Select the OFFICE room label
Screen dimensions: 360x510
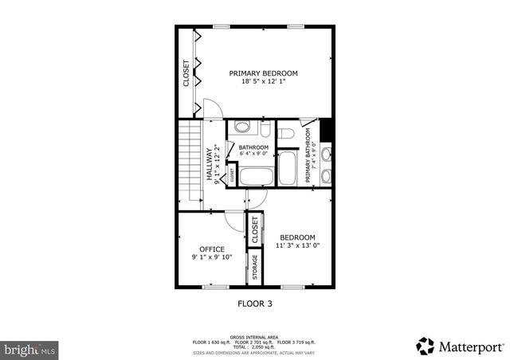click(x=212, y=249)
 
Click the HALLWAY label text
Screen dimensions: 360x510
click(x=210, y=165)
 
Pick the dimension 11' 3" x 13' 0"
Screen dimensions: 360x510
click(x=297, y=246)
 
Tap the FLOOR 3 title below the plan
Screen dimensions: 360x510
click(x=255, y=303)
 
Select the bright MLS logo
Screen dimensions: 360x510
click(x=29, y=349)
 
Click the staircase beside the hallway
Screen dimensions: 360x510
click(x=189, y=162)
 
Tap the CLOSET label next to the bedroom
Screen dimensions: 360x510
click(x=255, y=229)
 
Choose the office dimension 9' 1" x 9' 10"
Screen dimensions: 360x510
click(x=212, y=258)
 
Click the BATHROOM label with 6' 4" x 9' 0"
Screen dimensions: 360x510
click(x=254, y=148)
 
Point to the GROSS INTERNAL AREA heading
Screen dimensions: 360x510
click(x=254, y=337)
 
